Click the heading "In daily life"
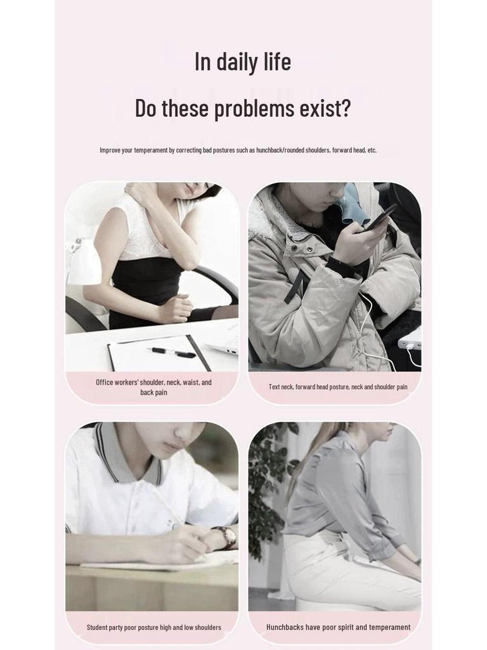tap(243, 62)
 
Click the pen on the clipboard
tap(172, 352)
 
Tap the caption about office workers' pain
tap(153, 387)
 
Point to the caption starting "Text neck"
tap(337, 387)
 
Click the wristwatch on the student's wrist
tap(227, 536)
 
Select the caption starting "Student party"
tap(153, 627)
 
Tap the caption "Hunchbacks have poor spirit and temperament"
tap(338, 627)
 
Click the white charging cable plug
tap(409, 346)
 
